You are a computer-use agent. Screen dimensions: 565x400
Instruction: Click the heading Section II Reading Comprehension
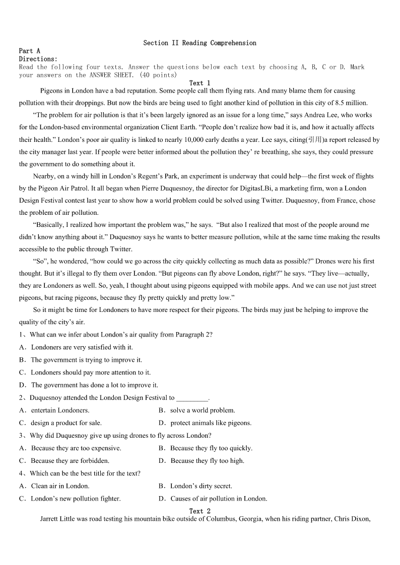(x=199, y=43)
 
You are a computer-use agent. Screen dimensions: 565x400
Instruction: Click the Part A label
(x=29, y=51)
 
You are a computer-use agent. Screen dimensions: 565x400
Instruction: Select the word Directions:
(x=38, y=59)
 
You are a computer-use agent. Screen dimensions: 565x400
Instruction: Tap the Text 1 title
(x=200, y=83)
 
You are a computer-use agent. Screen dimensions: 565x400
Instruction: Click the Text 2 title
(x=200, y=511)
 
